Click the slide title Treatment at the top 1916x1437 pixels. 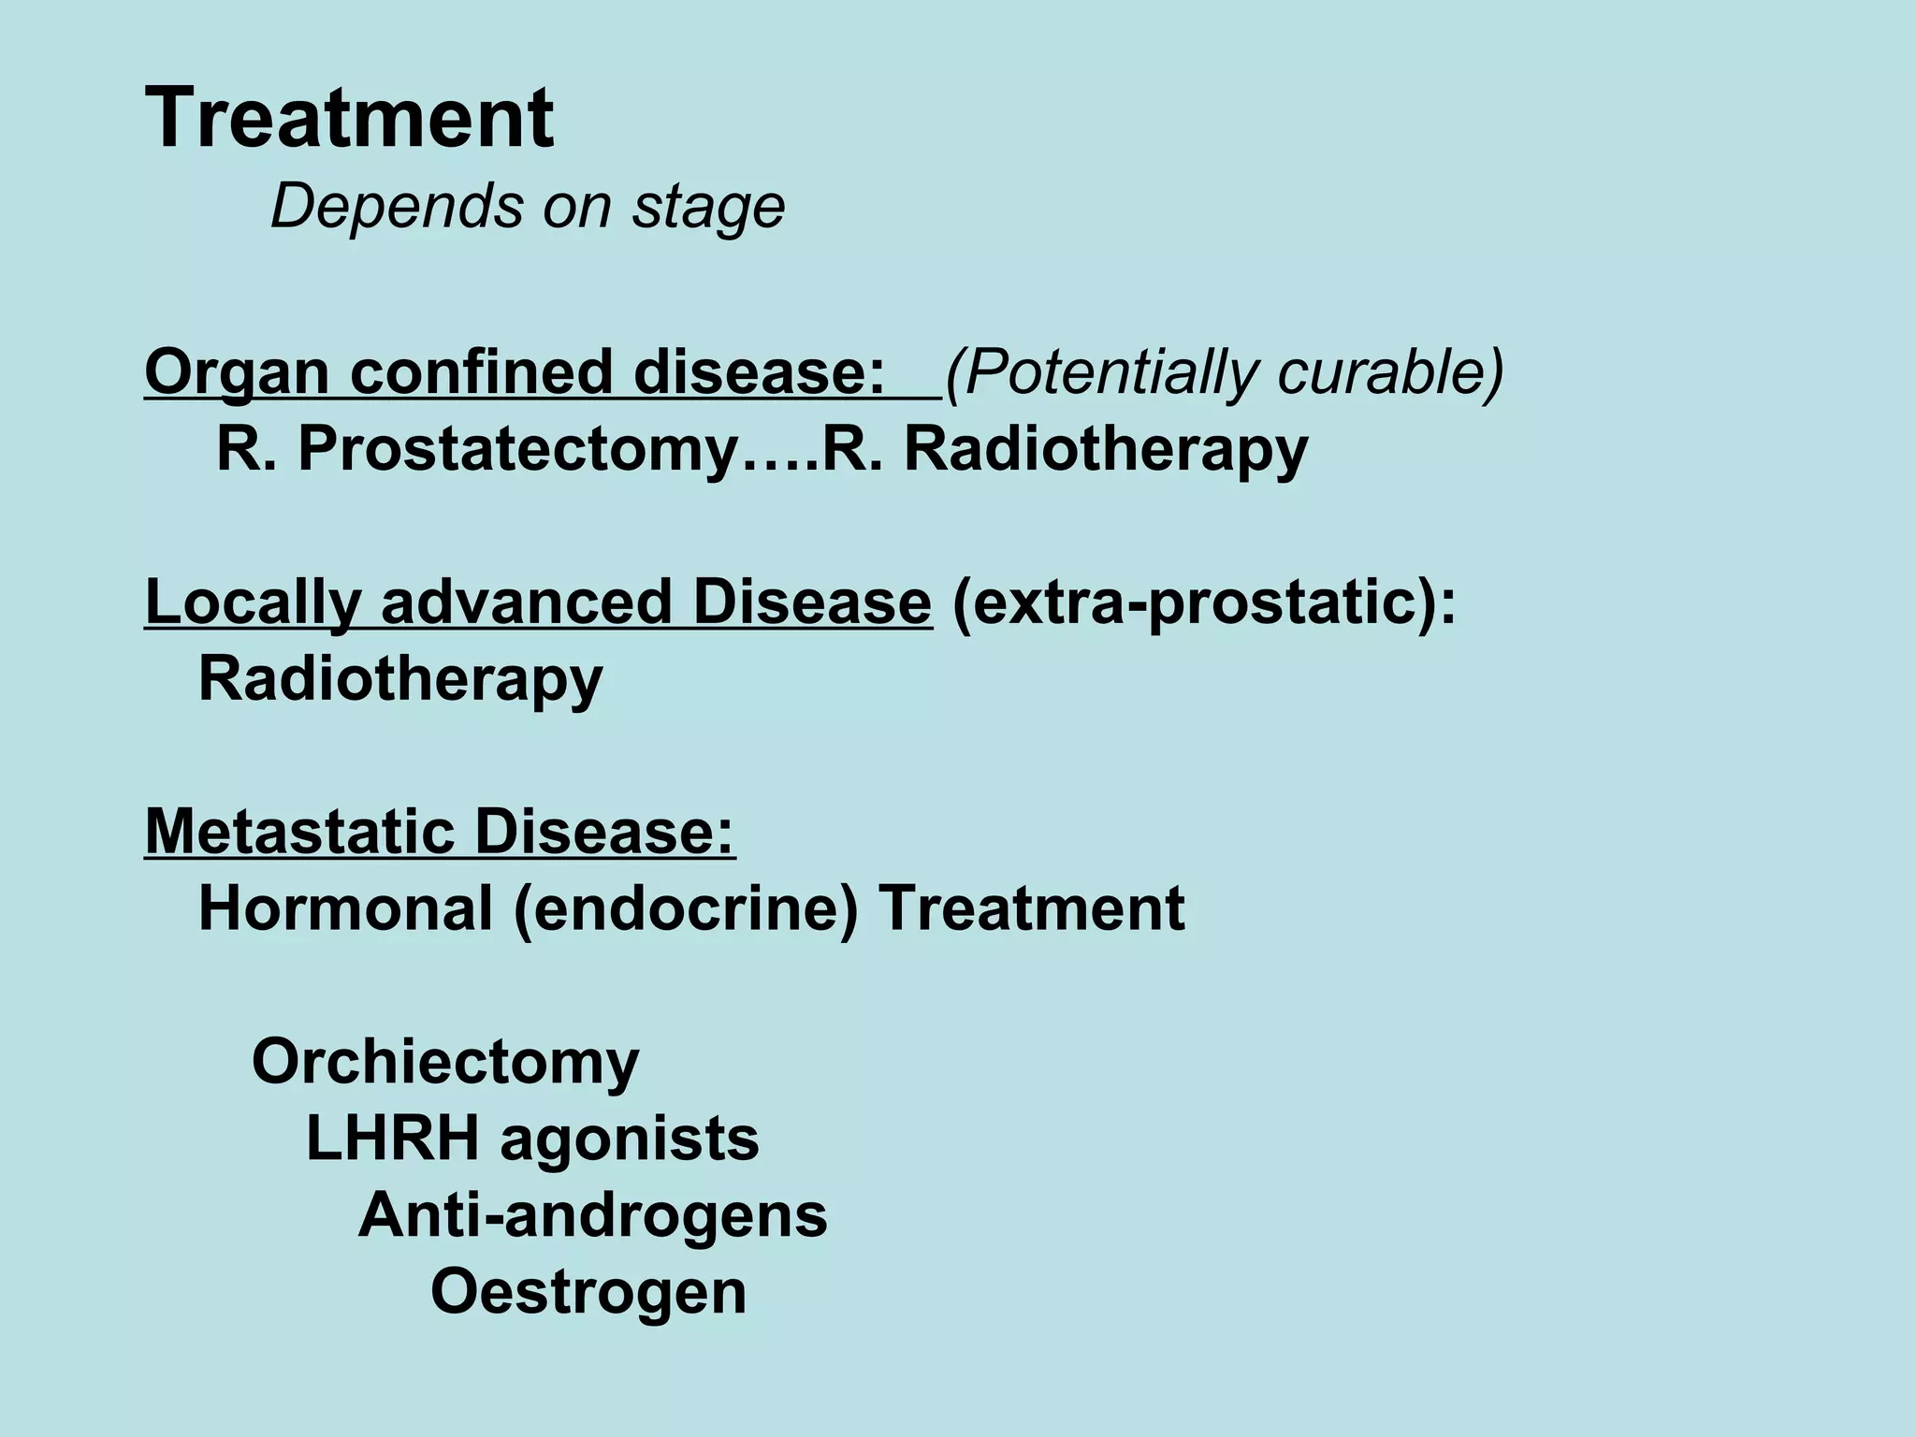pyautogui.click(x=349, y=119)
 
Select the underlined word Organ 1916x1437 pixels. pyautogui.click(x=237, y=372)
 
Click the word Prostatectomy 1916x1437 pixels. pyautogui.click(x=518, y=450)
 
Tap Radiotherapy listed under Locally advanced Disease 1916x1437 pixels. pyautogui.click(x=400, y=679)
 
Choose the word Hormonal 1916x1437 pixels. pyautogui.click(x=345, y=908)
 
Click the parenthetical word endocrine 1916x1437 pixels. pyautogui.click(x=686, y=908)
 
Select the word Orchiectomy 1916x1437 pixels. pyautogui.click(x=445, y=1063)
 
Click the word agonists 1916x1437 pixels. pyautogui.click(x=630, y=1140)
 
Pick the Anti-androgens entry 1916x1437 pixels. pyautogui.click(x=593, y=1215)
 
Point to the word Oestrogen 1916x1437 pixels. pyautogui.click(x=588, y=1292)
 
